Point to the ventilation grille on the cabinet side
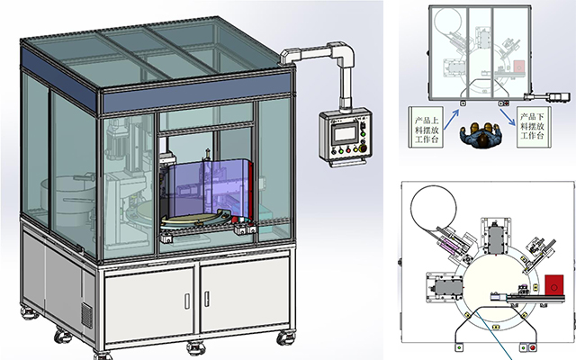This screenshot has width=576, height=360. point(87,314)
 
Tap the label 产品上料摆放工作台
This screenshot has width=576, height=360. point(426,129)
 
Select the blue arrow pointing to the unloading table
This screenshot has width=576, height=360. point(509,109)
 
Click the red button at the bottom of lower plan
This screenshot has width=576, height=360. point(533,347)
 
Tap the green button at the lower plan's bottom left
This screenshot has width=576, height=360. point(459,347)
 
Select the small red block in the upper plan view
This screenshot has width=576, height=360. point(519,67)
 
